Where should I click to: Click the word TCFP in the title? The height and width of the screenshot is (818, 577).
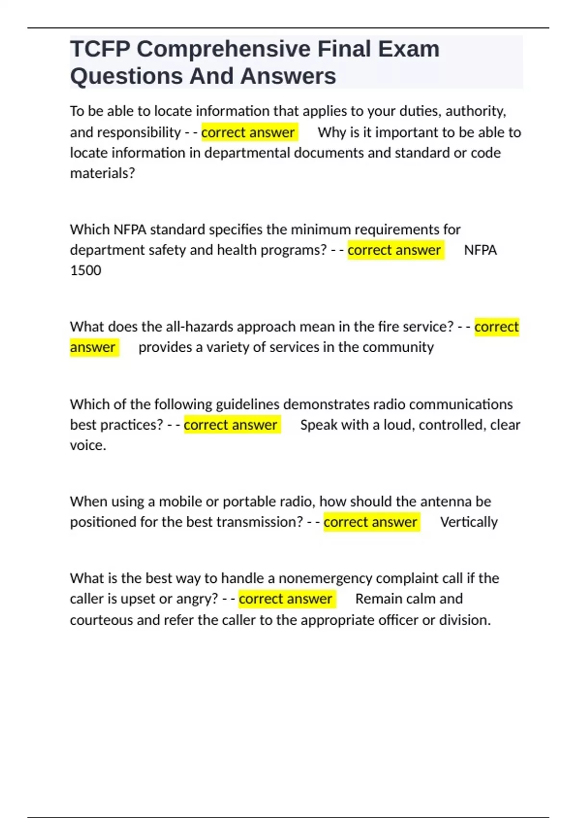click(100, 49)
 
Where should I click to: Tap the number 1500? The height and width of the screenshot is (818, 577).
click(86, 270)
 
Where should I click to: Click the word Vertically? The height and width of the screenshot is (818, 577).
click(469, 522)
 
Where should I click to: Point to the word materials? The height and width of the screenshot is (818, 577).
click(102, 173)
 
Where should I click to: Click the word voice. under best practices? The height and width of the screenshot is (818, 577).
click(88, 446)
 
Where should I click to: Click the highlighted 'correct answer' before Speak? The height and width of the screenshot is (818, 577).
click(231, 425)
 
